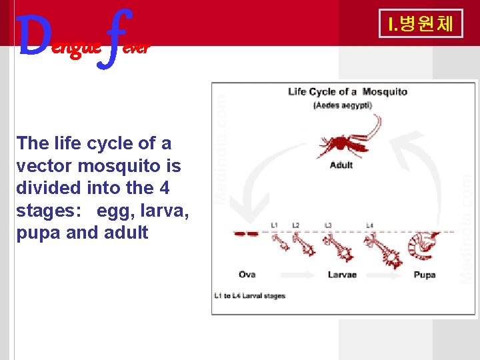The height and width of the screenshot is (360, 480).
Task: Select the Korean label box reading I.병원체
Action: tap(420, 24)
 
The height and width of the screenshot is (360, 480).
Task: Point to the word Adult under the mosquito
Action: tap(341, 165)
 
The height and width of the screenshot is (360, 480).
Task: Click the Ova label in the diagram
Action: tap(247, 275)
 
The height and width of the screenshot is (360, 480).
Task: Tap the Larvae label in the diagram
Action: tap(343, 275)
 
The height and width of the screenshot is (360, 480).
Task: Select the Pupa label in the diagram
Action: tap(425, 275)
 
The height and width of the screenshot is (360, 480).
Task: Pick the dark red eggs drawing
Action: tap(245, 234)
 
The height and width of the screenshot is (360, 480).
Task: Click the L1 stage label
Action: tap(275, 225)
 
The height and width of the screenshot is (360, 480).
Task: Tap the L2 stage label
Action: tap(296, 225)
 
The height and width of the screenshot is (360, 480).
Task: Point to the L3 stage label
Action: tap(327, 225)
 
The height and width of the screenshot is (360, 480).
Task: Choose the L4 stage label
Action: tap(369, 225)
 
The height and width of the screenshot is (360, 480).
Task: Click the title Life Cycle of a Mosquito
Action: tap(347, 92)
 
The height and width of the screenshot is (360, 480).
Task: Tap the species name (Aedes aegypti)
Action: tap(343, 105)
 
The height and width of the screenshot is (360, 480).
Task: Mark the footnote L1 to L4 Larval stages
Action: tap(249, 296)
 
